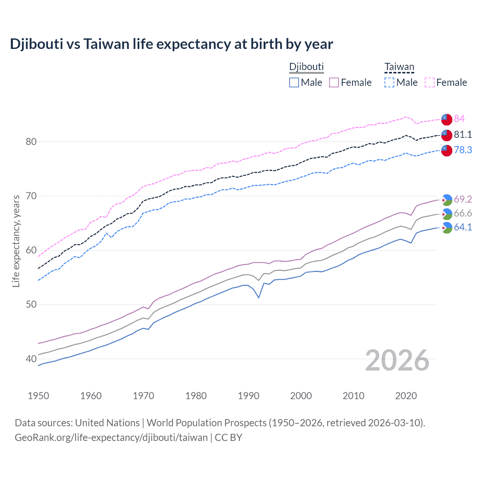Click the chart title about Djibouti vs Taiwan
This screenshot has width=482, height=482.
tap(171, 44)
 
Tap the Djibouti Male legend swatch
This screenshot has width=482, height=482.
tap(294, 82)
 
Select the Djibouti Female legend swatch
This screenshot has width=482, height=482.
tap(334, 82)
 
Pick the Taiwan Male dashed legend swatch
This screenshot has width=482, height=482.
tap(389, 82)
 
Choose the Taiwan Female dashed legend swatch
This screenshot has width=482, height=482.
tap(430, 82)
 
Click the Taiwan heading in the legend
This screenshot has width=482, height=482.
tap(399, 67)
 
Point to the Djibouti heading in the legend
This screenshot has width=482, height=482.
tap(306, 67)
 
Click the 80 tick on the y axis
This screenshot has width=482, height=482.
tap(31, 142)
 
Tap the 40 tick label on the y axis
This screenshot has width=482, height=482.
tap(31, 359)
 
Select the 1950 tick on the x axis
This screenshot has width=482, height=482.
tap(38, 396)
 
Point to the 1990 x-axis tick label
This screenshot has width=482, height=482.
tap(249, 396)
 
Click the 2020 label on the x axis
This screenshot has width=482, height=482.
tap(406, 396)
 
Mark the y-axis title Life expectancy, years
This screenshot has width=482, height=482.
tap(16, 241)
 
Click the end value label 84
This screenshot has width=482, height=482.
tap(459, 119)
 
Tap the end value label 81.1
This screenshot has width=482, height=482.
tap(463, 135)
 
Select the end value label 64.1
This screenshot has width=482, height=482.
tap(463, 227)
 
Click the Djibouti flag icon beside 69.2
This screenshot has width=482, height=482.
tap(447, 200)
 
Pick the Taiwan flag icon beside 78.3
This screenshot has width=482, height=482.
tap(447, 150)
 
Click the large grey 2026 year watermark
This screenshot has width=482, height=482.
tap(397, 360)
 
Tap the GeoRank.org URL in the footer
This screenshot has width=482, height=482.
tap(111, 438)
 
